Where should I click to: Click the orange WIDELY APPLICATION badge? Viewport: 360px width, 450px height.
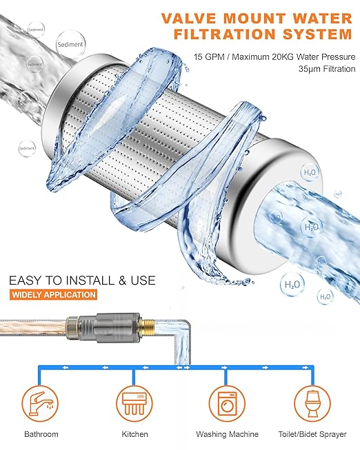[53, 295]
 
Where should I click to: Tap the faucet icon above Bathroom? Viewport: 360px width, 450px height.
[41, 400]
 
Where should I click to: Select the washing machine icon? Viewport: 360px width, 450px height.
[227, 400]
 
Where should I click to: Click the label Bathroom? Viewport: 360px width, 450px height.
[41, 434]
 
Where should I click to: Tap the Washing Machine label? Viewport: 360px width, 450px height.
[227, 434]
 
